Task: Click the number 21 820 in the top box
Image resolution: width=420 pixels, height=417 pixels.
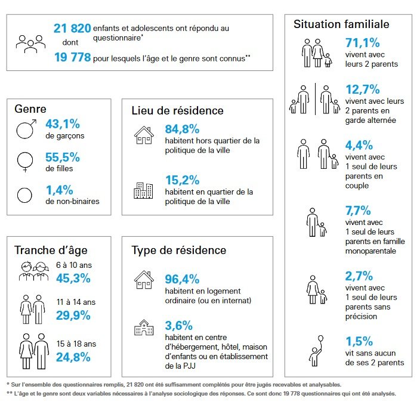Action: [72, 28]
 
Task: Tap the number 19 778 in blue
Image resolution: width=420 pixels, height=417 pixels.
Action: [72, 58]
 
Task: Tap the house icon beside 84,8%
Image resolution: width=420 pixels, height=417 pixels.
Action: [144, 135]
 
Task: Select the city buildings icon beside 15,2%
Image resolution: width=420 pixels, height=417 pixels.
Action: [143, 190]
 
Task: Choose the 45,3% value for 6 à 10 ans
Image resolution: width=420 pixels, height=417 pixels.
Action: [73, 278]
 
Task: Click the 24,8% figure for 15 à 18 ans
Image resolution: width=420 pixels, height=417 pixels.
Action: [73, 357]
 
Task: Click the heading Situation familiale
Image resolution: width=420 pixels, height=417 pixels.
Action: [341, 24]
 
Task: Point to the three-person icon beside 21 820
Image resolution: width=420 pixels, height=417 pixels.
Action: [31, 43]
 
